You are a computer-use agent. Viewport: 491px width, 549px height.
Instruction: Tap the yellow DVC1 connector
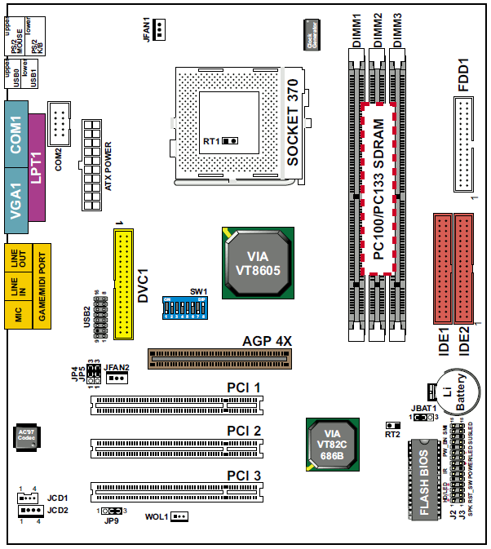click(x=126, y=284)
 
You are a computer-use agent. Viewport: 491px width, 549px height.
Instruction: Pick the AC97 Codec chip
click(x=28, y=437)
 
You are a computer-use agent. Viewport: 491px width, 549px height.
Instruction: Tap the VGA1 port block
click(x=15, y=199)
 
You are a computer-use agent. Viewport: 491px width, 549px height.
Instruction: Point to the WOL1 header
click(x=179, y=517)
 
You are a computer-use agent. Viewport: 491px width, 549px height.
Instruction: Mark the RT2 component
click(x=392, y=427)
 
